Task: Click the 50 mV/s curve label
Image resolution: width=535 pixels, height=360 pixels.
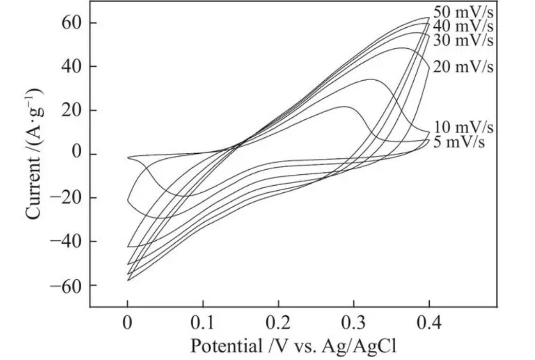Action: click(463, 12)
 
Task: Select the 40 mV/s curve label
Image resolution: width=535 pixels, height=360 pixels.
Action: click(463, 26)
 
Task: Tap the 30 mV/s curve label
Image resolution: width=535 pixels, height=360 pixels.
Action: click(463, 40)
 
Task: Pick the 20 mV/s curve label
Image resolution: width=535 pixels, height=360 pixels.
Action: click(463, 67)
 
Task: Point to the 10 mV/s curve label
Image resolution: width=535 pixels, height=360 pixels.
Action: click(463, 127)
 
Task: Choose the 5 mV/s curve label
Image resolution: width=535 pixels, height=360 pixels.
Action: click(459, 142)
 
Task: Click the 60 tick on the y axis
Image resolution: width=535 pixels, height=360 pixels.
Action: click(70, 23)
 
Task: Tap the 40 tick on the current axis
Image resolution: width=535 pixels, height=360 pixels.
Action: click(70, 67)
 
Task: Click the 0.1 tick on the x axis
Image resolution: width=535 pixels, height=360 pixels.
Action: click(203, 325)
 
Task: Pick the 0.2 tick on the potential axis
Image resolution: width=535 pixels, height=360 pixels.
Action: click(279, 325)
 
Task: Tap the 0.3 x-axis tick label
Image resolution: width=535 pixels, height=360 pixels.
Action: click(354, 325)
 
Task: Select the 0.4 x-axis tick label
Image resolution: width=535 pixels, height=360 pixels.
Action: click(430, 325)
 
